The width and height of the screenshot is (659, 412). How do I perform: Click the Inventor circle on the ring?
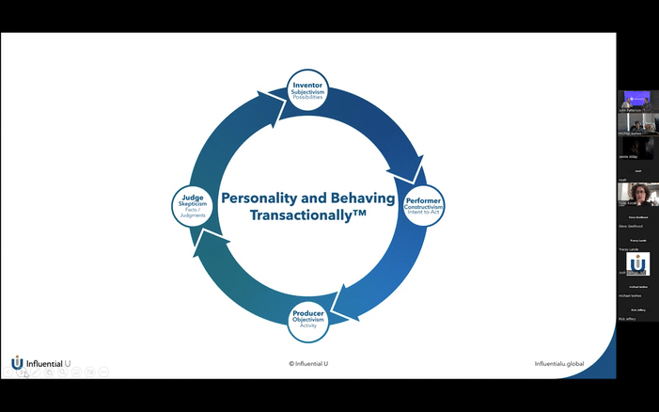coord(307,90)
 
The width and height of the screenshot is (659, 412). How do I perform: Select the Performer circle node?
coord(424,205)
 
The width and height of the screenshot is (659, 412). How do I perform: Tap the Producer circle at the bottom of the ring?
coord(307,320)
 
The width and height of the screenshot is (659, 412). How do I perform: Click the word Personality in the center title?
coord(260,198)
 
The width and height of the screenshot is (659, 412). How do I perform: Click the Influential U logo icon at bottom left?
coord(17,363)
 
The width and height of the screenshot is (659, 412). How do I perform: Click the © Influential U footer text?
coord(307,363)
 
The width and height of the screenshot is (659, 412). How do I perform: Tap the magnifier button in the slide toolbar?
coord(62,372)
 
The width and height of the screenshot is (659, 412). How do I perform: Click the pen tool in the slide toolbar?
coord(35,372)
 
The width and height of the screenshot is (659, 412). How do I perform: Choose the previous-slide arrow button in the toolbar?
coord(8,372)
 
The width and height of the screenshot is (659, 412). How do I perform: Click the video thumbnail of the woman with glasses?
coord(638,194)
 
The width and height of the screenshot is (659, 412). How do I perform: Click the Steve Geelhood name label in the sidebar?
coord(630,226)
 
